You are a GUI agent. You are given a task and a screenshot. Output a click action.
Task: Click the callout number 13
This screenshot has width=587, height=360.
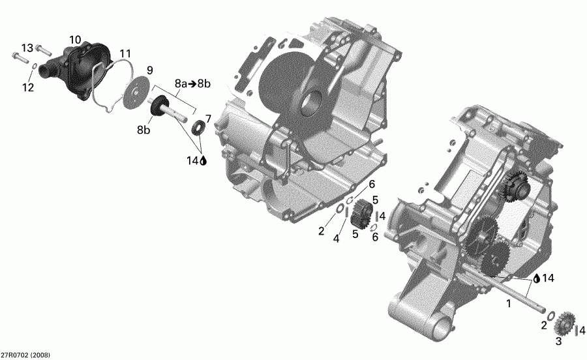pos(27,48)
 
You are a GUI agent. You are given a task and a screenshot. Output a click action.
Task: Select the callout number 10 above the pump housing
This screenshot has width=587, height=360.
pos(75,40)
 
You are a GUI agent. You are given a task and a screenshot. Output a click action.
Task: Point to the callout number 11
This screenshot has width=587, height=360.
pos(125,53)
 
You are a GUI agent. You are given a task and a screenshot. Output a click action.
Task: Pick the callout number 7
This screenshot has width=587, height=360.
pos(208,118)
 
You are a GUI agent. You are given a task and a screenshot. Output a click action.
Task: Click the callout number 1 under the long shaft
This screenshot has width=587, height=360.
pos(509,303)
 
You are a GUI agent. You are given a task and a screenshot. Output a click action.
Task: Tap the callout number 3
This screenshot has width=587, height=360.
pos(558,340)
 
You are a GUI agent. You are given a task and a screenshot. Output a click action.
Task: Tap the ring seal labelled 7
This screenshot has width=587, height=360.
pos(196,126)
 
